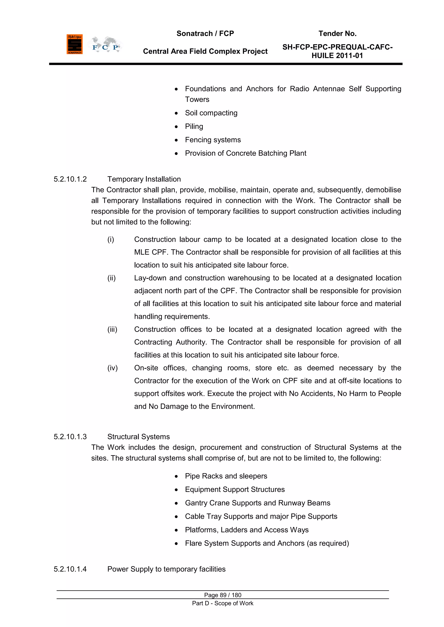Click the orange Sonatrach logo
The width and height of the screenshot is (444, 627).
74,44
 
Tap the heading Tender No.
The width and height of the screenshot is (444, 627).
337,34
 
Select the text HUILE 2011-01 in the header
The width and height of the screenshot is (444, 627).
337,56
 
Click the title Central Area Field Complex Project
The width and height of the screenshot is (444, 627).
205,51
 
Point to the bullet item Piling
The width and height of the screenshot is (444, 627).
194,126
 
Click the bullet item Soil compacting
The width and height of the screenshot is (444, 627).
211,113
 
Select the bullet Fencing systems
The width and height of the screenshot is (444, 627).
213,140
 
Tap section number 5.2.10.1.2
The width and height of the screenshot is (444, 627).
70,179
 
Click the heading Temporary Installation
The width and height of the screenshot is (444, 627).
144,179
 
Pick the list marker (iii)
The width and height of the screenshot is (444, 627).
112,329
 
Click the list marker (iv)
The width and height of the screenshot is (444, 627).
112,368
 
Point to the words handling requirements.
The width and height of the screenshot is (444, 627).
172,316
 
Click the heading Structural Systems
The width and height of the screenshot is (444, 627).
138,437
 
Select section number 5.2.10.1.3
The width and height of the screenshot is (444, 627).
70,437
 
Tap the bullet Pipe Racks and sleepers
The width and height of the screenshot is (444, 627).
226,476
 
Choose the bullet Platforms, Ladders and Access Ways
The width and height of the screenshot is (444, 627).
246,530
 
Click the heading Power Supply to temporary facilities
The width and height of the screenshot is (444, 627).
166,569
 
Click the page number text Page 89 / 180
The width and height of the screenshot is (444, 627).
223,595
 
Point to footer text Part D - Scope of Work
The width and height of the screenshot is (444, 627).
223,603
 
